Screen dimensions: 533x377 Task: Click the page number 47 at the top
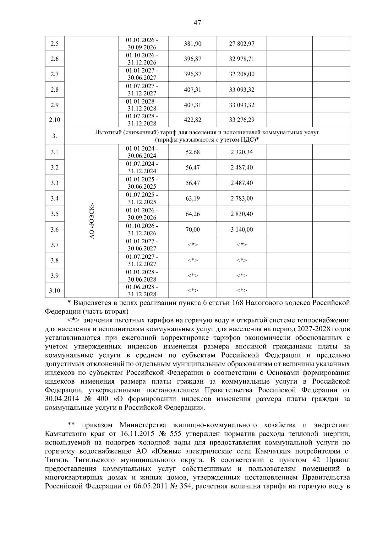197,23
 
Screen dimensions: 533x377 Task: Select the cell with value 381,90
193,44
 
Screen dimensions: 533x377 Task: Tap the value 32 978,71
242,59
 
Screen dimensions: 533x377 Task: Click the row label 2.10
54,120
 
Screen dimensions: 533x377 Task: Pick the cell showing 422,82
193,120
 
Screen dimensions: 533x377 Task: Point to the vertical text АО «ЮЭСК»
92,221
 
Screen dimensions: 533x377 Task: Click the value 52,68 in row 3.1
193,152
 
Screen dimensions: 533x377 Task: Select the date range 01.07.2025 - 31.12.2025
142,198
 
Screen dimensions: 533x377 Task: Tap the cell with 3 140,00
242,230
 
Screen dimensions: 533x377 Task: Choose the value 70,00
193,230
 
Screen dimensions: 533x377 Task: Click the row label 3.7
54,245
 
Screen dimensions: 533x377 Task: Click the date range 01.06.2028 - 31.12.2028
142,291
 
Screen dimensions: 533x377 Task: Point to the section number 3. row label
54,136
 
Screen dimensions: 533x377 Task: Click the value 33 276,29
242,120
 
